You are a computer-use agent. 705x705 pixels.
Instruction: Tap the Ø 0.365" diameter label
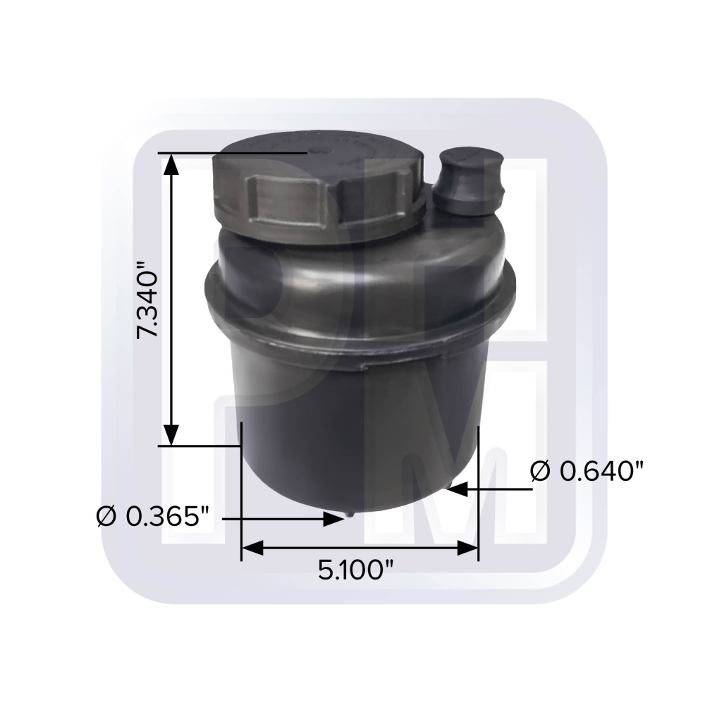154,517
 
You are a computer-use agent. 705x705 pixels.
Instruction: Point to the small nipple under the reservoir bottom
348,516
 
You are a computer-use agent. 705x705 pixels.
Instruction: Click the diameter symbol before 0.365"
106,517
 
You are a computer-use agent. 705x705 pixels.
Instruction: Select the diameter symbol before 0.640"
539,471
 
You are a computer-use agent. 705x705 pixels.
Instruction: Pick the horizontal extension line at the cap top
233,153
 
